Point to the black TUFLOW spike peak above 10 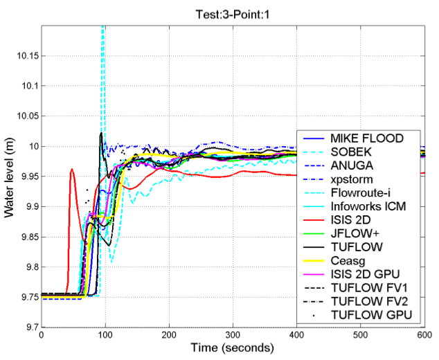(x=101, y=133)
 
